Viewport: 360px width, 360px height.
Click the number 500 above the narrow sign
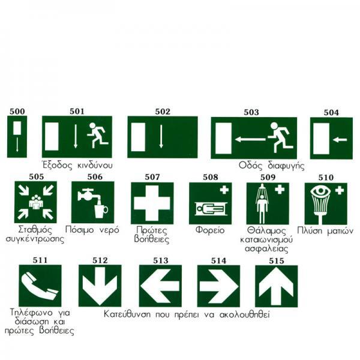17,112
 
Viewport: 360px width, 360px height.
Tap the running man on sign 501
97,135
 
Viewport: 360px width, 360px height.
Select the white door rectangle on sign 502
138,137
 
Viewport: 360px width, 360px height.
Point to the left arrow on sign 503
250,139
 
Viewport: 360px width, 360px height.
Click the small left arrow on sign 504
340,139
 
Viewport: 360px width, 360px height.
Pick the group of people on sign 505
36,202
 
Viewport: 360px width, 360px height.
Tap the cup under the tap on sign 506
101,211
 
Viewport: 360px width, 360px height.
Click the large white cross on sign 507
152,203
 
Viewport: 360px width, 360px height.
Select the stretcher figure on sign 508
211,209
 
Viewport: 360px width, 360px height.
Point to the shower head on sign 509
262,190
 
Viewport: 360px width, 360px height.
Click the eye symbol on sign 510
320,191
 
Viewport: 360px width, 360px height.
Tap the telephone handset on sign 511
40,286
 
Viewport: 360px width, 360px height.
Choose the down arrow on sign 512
100,285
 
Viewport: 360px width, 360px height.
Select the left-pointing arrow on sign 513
160,286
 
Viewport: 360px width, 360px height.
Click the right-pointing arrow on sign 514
219,286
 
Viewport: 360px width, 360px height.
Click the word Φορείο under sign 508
210,230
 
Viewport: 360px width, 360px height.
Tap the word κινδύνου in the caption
95,166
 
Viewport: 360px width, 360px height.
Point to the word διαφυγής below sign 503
286,166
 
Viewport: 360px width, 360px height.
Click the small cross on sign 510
340,190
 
